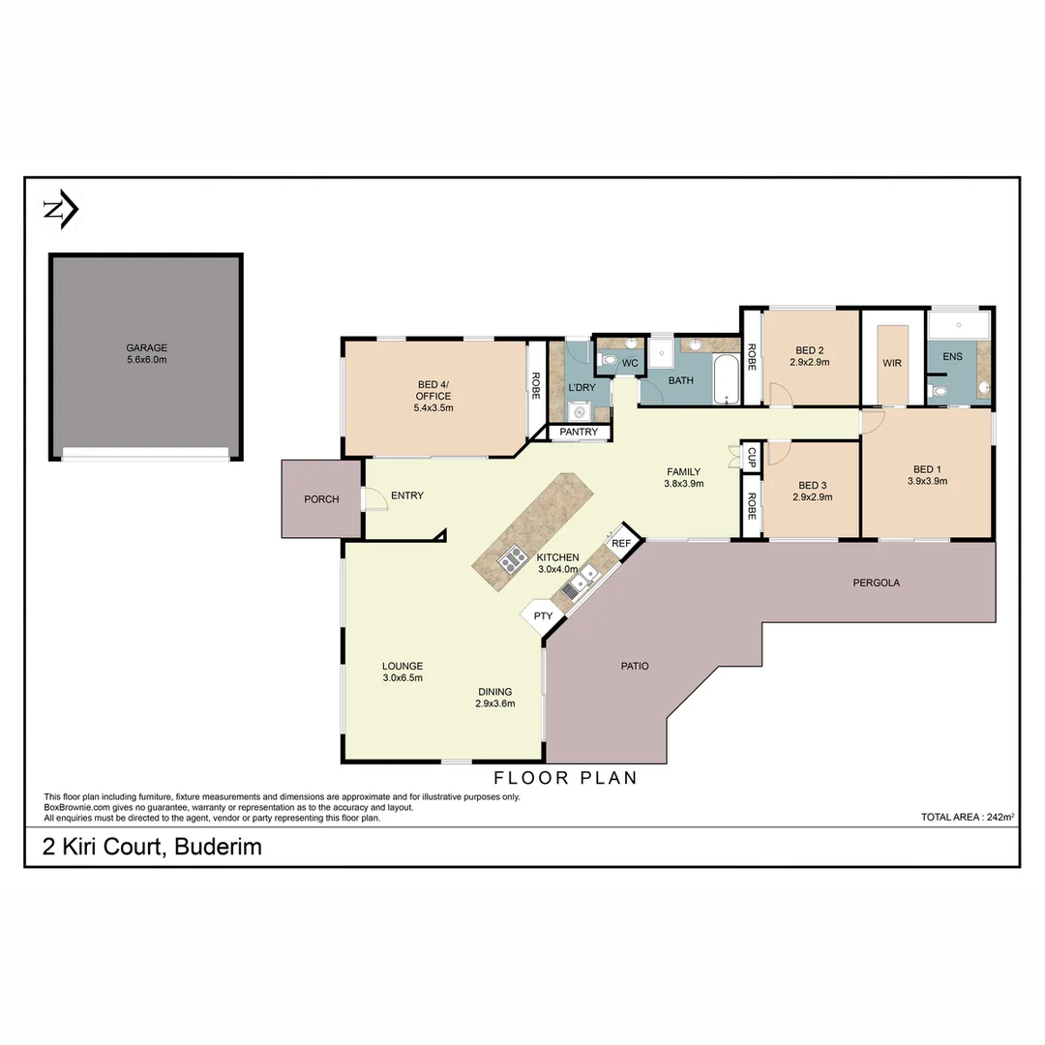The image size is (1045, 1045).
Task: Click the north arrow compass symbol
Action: pyautogui.click(x=61, y=210)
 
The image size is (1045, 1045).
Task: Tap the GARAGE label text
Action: pyautogui.click(x=146, y=347)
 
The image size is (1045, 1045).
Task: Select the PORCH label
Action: pyautogui.click(x=321, y=499)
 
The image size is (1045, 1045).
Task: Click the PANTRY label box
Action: pyautogui.click(x=580, y=432)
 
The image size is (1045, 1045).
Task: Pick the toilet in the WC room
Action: pyautogui.click(x=609, y=361)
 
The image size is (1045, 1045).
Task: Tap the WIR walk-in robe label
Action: pyautogui.click(x=891, y=364)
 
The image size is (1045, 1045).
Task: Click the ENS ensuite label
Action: pyautogui.click(x=952, y=356)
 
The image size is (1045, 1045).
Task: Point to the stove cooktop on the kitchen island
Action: pyautogui.click(x=512, y=557)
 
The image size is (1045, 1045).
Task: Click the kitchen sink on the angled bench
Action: pyautogui.click(x=582, y=578)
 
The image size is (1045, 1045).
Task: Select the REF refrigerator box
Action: pyautogui.click(x=621, y=544)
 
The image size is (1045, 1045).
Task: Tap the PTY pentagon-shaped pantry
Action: pyautogui.click(x=543, y=615)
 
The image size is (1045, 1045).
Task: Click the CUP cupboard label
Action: pyautogui.click(x=752, y=456)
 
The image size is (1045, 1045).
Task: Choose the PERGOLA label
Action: pyautogui.click(x=876, y=582)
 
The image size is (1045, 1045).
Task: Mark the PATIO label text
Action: pyautogui.click(x=635, y=666)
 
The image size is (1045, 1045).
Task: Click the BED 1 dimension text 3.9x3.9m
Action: pyautogui.click(x=927, y=481)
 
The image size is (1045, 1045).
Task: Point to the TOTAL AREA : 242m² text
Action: pyautogui.click(x=967, y=818)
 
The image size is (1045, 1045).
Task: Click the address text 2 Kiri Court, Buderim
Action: pyautogui.click(x=152, y=848)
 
